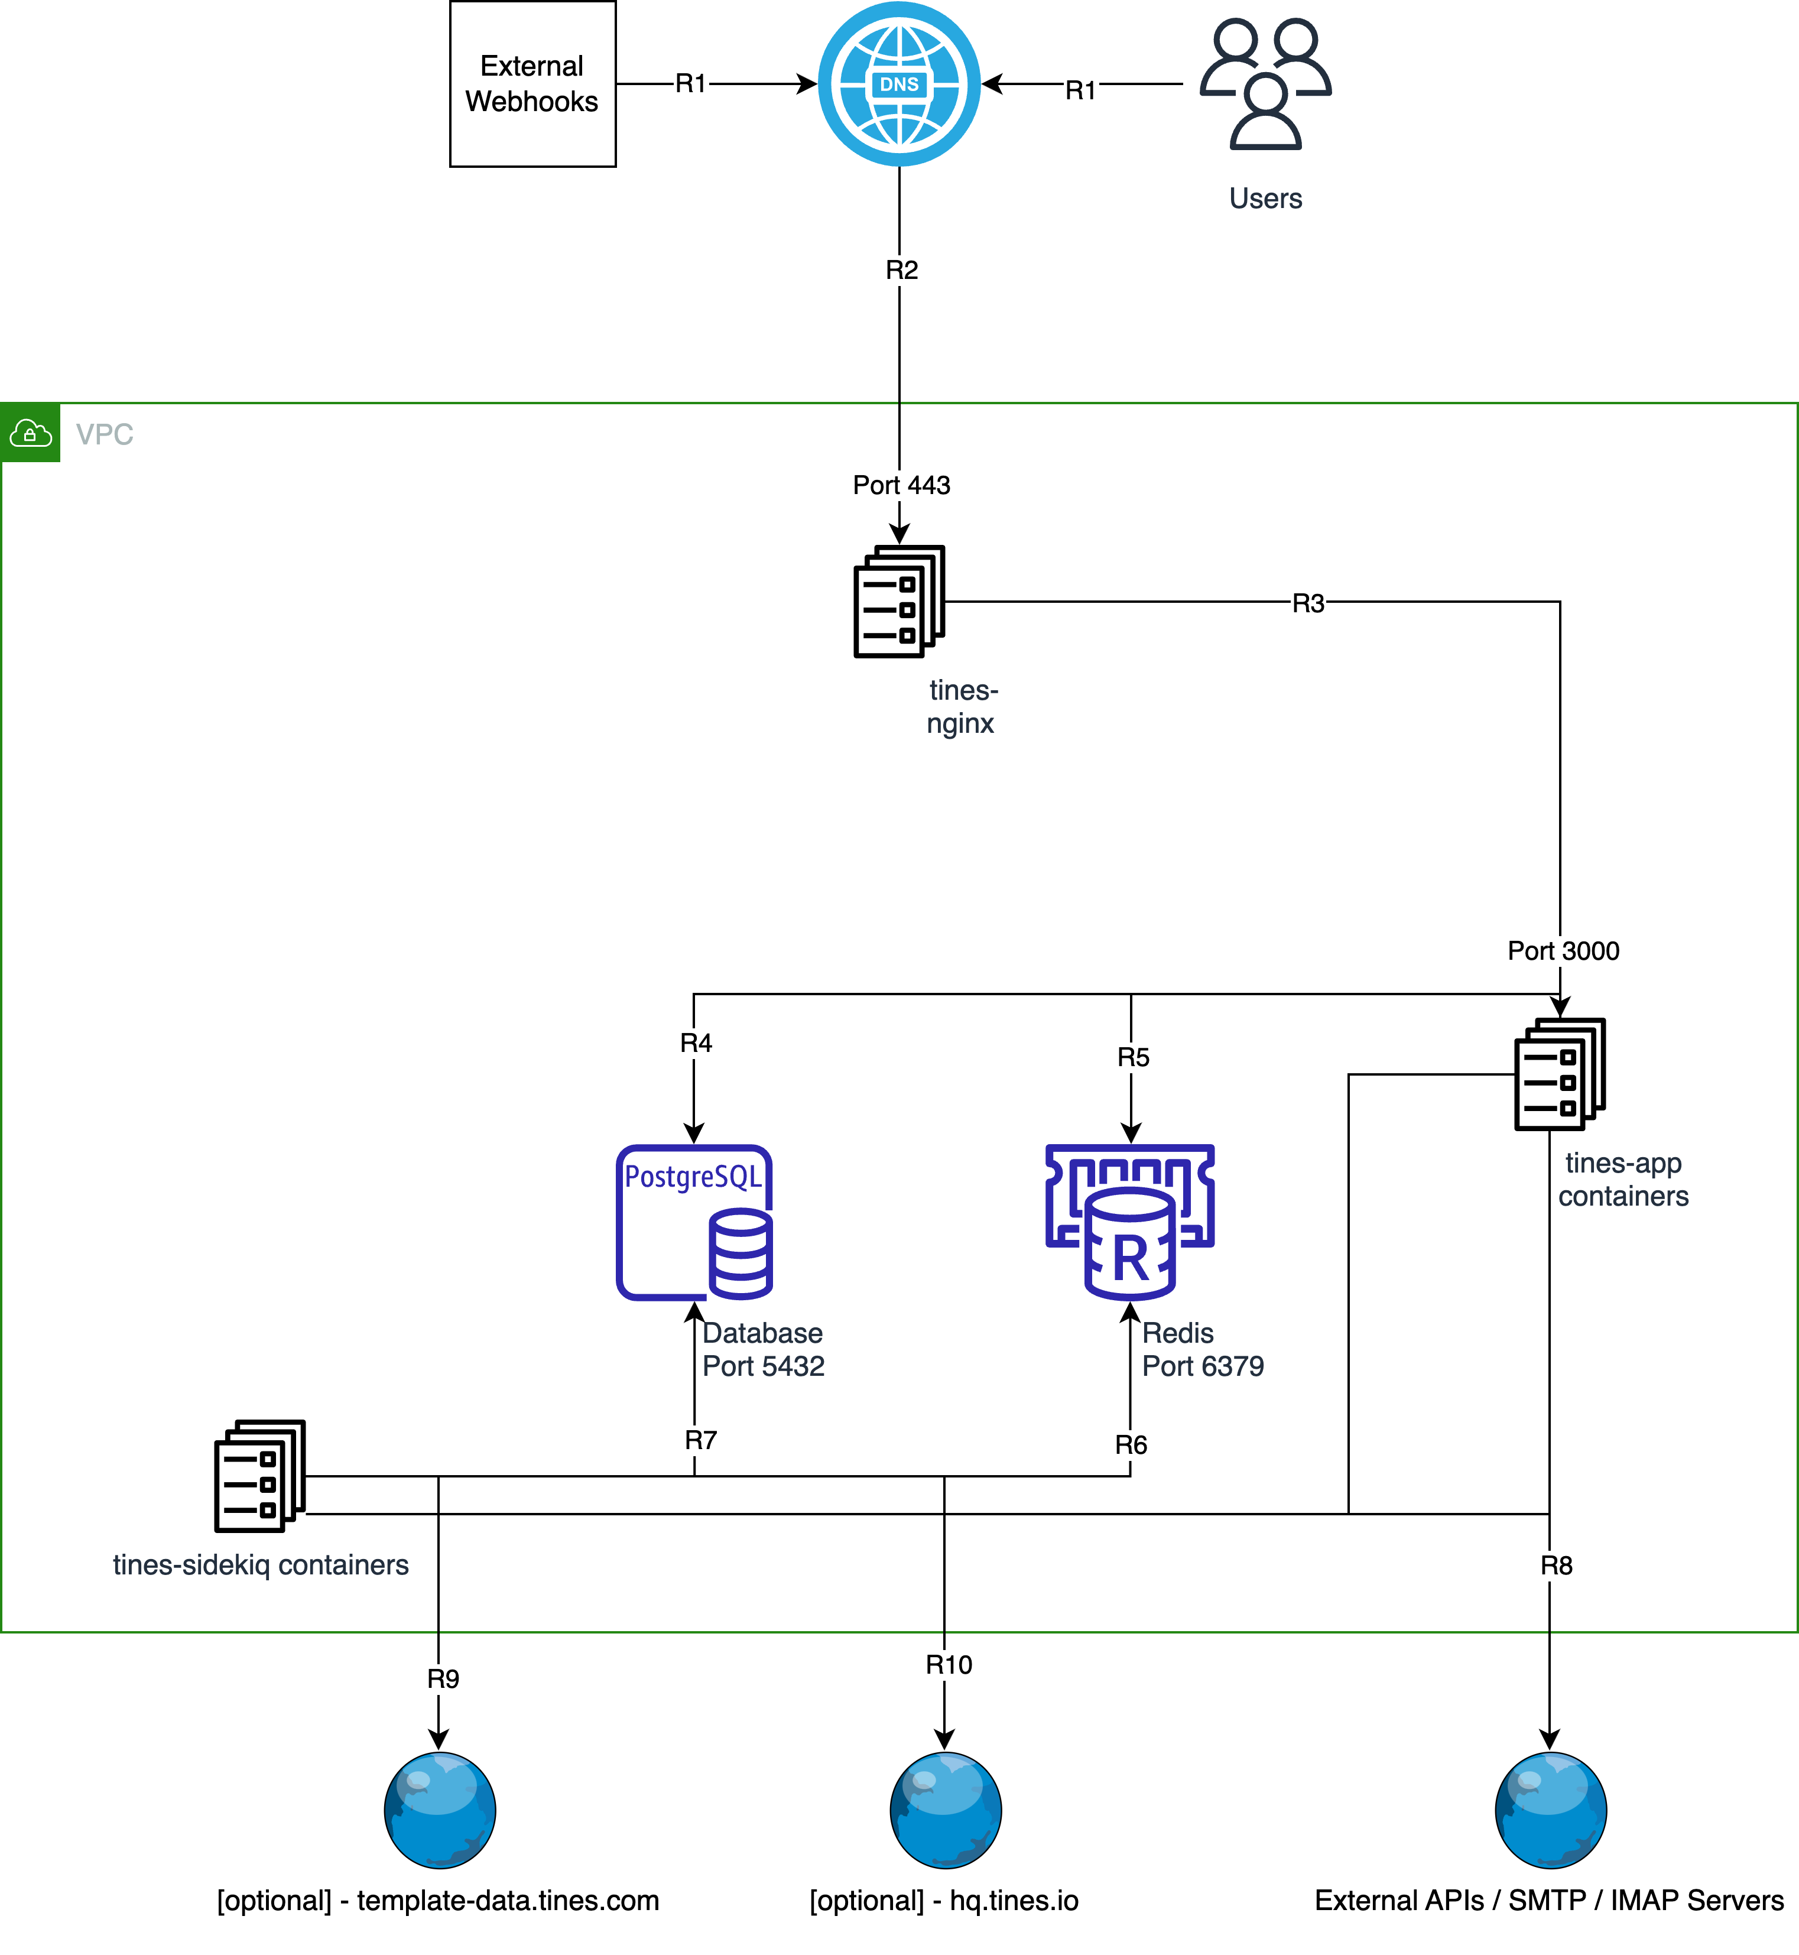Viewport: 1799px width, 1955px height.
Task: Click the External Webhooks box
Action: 532,84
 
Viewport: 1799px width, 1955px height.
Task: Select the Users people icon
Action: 1265,84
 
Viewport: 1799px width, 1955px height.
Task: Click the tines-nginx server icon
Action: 898,602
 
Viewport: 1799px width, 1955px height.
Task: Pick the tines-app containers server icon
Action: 1560,1074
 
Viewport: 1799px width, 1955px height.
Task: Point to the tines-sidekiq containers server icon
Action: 260,1476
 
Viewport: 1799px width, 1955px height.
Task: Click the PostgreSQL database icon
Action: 694,1222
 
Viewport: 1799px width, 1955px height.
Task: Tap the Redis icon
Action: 1129,1222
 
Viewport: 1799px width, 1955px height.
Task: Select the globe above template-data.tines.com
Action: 440,1810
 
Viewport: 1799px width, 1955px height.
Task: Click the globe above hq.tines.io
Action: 945,1810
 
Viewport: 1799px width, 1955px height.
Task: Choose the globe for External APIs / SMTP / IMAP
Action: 1551,1810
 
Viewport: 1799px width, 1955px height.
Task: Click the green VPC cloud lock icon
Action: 30,432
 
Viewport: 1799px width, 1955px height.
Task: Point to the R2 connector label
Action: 901,269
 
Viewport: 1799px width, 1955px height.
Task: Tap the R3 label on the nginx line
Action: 1308,603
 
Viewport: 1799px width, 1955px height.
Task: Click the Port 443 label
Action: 901,485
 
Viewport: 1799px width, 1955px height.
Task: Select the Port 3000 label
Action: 1563,950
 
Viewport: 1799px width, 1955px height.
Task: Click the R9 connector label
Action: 443,1678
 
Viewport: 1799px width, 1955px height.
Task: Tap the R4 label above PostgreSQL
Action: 696,1043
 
